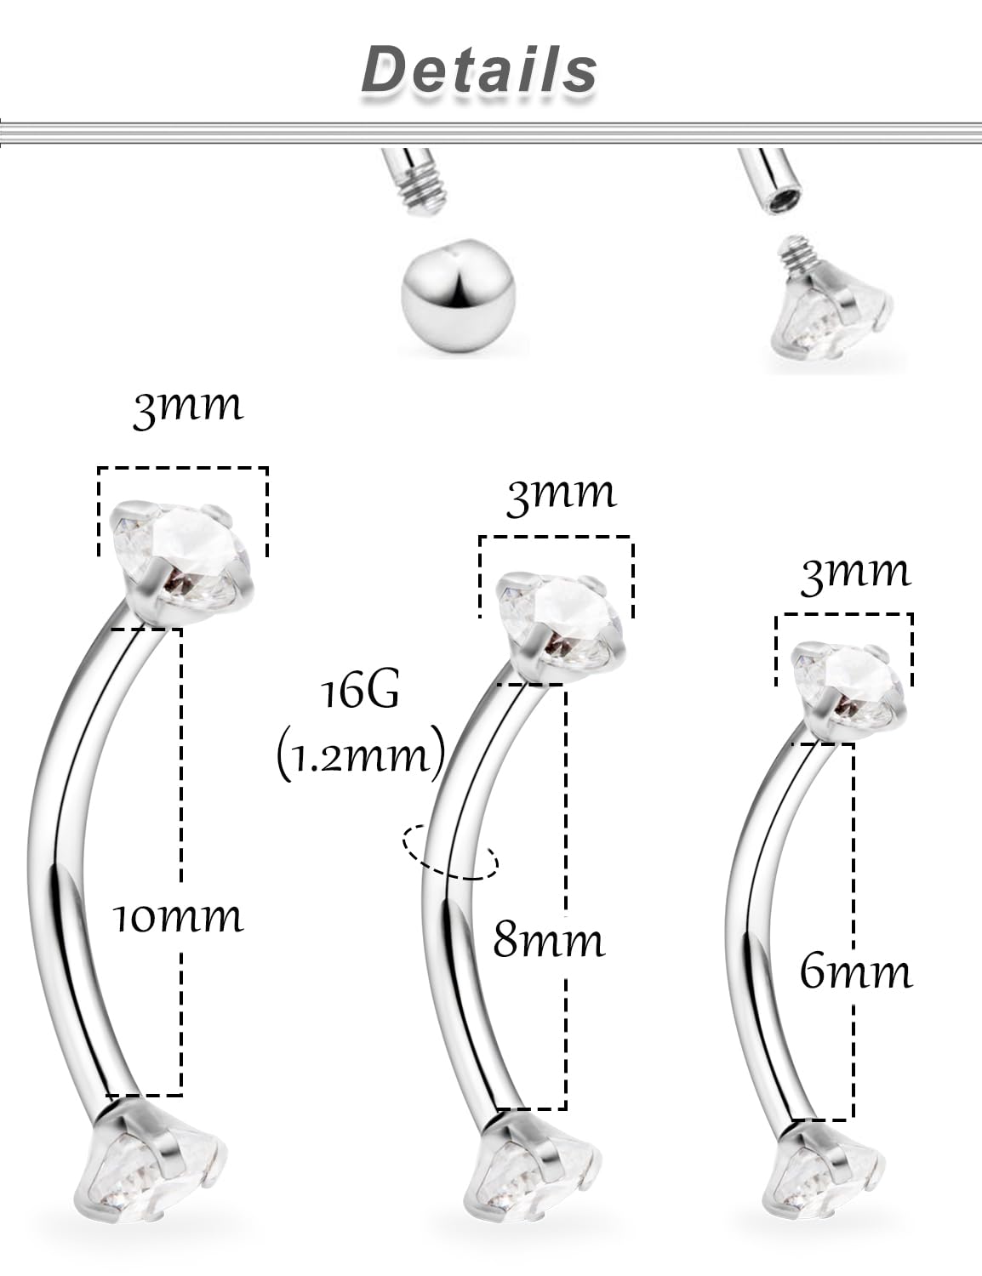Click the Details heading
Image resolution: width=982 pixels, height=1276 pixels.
[479, 70]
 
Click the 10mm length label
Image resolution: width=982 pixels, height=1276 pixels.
[179, 917]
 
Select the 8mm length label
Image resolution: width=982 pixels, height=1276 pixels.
[549, 941]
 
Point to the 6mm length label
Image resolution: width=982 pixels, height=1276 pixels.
[855, 971]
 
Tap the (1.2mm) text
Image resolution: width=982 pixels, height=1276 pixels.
[361, 753]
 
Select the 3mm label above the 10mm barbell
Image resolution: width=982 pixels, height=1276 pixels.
[188, 407]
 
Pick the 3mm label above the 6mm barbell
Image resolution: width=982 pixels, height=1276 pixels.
[855, 572]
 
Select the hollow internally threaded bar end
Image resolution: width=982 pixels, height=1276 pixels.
[770, 180]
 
